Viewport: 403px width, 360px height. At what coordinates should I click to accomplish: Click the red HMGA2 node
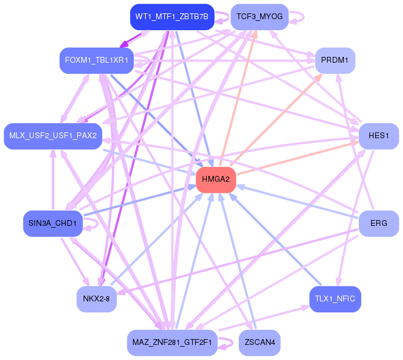pyautogui.click(x=216, y=179)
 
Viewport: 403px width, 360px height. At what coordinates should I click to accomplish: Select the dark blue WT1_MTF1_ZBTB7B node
pyautogui.click(x=172, y=17)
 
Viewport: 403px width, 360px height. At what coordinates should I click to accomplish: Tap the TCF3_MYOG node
pyautogui.click(x=260, y=17)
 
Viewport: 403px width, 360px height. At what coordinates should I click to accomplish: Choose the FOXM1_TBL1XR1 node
pyautogui.click(x=96, y=60)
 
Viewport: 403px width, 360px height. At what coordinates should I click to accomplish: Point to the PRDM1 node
pyautogui.click(x=335, y=60)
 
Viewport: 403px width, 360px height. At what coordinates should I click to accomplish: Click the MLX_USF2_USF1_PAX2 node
pyautogui.click(x=53, y=136)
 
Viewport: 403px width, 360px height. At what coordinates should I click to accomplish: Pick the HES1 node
pyautogui.click(x=379, y=136)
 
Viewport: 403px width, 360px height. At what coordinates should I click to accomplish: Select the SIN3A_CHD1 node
pyautogui.click(x=53, y=224)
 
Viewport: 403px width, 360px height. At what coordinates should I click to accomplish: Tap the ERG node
pyautogui.click(x=379, y=224)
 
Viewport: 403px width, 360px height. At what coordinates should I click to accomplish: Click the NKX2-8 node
pyautogui.click(x=96, y=299)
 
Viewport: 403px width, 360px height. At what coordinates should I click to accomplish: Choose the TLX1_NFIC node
pyautogui.click(x=335, y=299)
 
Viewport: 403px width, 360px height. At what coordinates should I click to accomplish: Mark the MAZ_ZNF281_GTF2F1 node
pyautogui.click(x=172, y=343)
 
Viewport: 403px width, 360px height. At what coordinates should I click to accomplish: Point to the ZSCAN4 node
pyautogui.click(x=260, y=343)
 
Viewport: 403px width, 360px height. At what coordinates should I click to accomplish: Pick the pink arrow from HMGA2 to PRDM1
pyautogui.click(x=276, y=120)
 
